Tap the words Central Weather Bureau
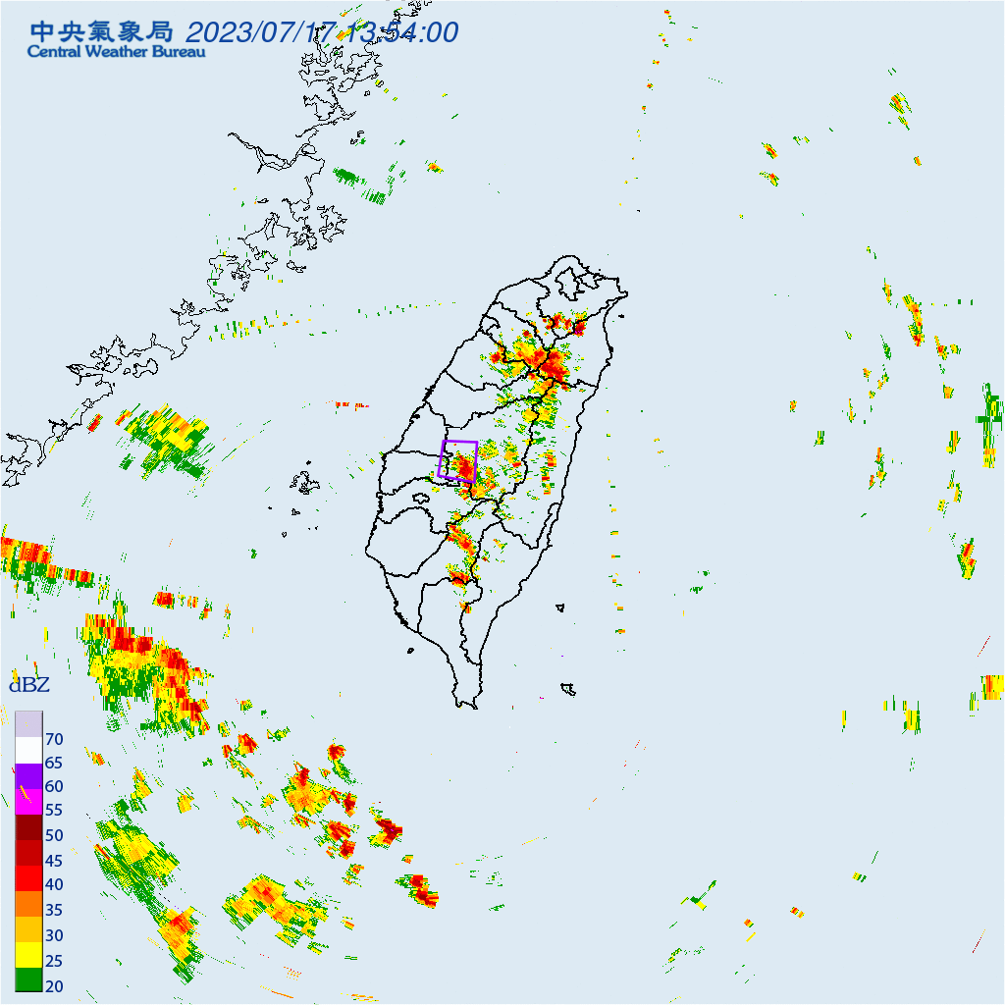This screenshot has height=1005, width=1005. click(x=116, y=51)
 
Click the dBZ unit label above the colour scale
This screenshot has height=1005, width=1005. click(x=28, y=685)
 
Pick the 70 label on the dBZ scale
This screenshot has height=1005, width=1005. click(x=54, y=738)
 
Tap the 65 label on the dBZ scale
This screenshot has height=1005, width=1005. click(x=54, y=763)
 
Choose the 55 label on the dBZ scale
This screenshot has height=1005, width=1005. click(x=54, y=811)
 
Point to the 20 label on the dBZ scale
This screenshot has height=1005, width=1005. click(x=54, y=984)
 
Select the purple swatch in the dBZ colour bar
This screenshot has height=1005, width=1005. click(x=28, y=776)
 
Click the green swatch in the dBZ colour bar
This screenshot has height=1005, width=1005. click(x=28, y=979)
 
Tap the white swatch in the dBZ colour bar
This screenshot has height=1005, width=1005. click(x=28, y=751)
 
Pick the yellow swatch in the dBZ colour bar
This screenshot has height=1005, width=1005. click(x=28, y=953)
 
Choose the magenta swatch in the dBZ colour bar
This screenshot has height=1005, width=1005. click(x=28, y=802)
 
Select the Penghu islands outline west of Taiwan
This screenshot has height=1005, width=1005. click(x=304, y=483)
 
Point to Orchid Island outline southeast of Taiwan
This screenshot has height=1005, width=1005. click(x=567, y=689)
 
